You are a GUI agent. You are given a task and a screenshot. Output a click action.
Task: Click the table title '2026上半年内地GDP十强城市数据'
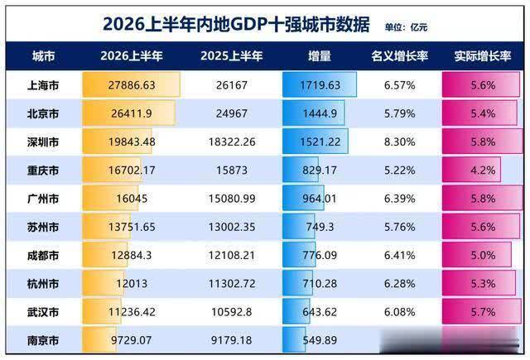236,24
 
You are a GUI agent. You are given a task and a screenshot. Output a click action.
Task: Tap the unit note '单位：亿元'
406,27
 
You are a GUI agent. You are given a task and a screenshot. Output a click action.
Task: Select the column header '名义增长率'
400,56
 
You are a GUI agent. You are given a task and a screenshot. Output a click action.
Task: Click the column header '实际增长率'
482,56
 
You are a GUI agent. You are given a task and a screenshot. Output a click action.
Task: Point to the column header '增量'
320,56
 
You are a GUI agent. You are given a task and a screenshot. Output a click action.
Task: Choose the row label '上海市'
43,85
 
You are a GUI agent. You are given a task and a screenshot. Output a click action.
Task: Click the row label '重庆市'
43,170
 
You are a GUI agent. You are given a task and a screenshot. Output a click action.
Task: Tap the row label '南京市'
43,340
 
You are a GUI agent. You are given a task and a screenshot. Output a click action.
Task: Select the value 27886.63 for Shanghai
132,85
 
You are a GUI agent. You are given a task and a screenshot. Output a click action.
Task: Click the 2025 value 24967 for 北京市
232,113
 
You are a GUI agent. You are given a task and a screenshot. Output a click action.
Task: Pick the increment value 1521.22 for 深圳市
320,142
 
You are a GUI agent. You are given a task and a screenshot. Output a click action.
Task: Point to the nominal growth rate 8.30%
399,142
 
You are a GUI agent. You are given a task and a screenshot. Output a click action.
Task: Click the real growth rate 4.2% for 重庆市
483,170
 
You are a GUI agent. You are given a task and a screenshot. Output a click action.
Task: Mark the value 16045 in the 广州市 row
132,199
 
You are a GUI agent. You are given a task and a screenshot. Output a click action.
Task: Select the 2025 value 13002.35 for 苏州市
232,227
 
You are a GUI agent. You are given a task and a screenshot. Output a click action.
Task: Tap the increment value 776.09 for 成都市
320,255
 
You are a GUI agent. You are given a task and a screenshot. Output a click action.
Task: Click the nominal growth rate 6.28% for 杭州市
399,284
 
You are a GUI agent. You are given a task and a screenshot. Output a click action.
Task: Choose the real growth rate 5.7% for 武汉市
483,312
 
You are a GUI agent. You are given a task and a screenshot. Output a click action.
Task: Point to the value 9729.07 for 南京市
131,340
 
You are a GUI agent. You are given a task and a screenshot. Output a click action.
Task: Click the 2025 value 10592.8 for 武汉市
232,312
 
